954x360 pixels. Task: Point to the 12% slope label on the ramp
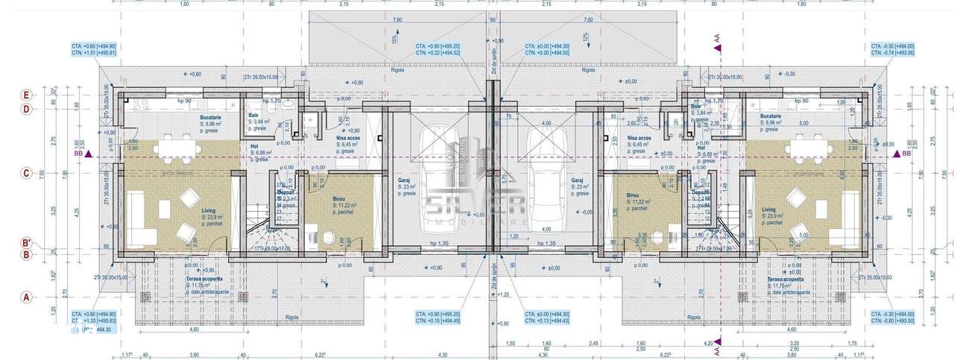587,37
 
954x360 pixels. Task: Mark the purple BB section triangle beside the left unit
88,154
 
